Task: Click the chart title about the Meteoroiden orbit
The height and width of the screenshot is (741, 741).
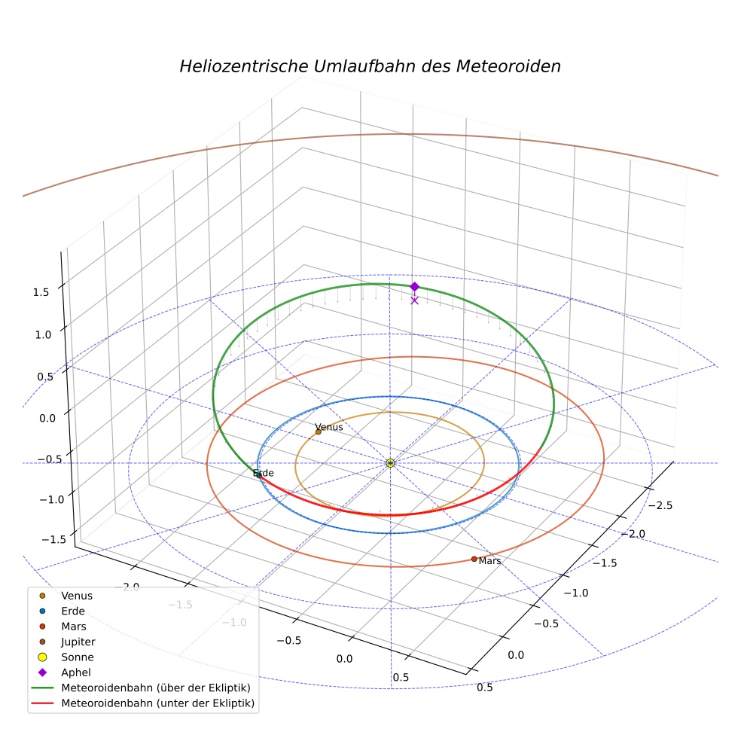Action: click(x=370, y=66)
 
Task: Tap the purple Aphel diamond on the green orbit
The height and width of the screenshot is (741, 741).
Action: click(x=414, y=286)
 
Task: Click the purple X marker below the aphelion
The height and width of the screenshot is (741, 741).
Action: click(x=414, y=300)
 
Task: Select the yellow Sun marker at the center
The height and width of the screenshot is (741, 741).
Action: click(x=390, y=463)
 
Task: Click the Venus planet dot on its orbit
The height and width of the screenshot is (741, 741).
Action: click(x=318, y=432)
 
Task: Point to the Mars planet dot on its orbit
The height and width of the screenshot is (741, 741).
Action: click(x=474, y=559)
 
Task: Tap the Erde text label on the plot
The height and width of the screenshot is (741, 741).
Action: click(x=264, y=473)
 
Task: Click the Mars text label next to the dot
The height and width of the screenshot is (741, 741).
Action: click(x=489, y=561)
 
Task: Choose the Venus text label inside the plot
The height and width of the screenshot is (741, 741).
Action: click(x=329, y=427)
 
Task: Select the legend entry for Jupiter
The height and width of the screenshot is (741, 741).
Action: click(x=68, y=642)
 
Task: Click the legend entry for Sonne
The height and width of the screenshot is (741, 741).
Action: click(x=67, y=657)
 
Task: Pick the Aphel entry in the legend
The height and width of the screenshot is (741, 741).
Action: click(x=66, y=672)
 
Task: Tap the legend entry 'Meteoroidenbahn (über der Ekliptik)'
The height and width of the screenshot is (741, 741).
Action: click(x=141, y=688)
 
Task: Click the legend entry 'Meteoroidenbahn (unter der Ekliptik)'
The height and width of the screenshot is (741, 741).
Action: click(x=143, y=703)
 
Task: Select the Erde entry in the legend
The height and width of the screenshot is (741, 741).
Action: click(x=63, y=611)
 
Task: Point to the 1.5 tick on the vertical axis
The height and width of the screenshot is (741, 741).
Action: click(x=41, y=292)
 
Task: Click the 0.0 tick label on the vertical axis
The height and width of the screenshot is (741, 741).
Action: click(x=47, y=418)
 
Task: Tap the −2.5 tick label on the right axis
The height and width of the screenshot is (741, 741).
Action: click(x=660, y=505)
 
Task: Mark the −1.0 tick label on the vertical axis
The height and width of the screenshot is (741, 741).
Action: click(x=51, y=500)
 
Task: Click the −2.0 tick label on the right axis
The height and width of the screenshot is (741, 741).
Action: click(x=633, y=534)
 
